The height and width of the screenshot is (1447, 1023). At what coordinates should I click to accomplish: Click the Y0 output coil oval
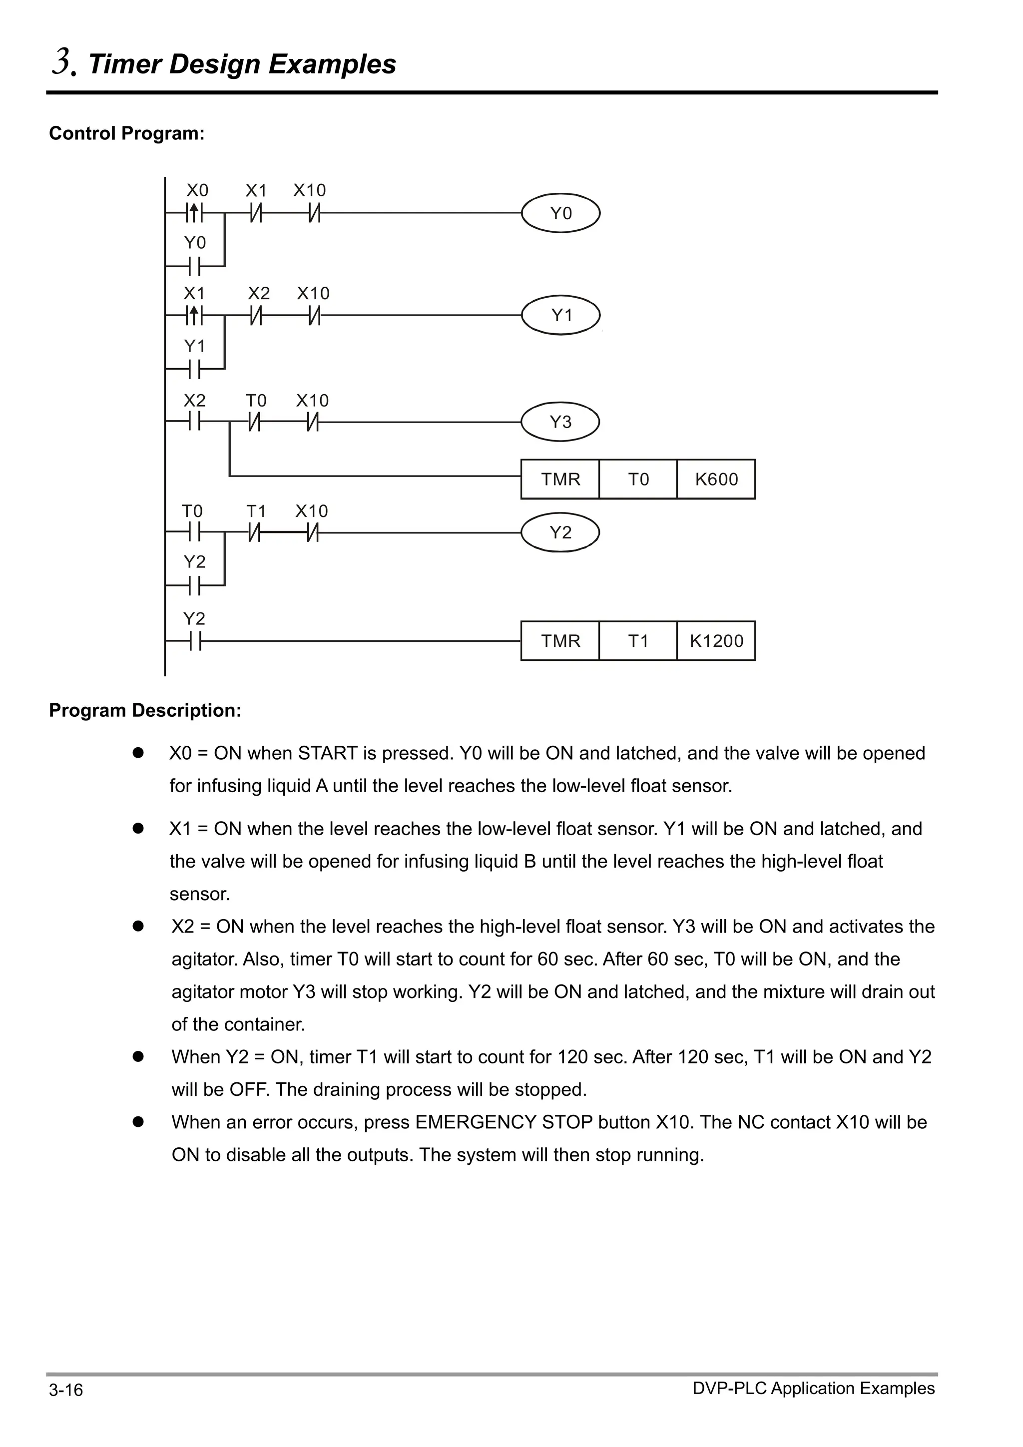click(560, 213)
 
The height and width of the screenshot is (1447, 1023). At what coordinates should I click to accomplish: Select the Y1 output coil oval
click(560, 315)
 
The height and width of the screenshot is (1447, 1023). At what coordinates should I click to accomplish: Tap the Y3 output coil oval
click(560, 422)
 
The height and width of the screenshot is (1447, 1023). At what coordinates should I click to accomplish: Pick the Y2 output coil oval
click(560, 532)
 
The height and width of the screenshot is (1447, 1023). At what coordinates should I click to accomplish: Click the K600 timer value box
click(716, 480)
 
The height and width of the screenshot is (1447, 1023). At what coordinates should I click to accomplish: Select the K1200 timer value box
click(716, 641)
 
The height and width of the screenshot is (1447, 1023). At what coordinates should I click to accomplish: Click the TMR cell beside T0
click(560, 480)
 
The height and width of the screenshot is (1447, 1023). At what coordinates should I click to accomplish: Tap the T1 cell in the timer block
click(638, 641)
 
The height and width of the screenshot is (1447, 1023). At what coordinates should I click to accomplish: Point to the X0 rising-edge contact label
click(197, 190)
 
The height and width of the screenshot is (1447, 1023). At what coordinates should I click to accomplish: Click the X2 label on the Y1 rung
click(258, 293)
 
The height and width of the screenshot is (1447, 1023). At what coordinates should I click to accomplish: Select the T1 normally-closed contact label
click(256, 511)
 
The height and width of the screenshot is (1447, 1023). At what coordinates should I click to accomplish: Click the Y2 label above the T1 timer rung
click(194, 618)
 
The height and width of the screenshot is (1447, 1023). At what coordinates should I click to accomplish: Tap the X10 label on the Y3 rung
click(313, 401)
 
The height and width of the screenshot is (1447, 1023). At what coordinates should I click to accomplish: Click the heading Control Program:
click(127, 133)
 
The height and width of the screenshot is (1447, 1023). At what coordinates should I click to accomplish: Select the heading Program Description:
click(145, 710)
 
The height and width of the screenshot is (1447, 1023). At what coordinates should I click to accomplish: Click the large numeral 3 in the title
click(62, 62)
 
